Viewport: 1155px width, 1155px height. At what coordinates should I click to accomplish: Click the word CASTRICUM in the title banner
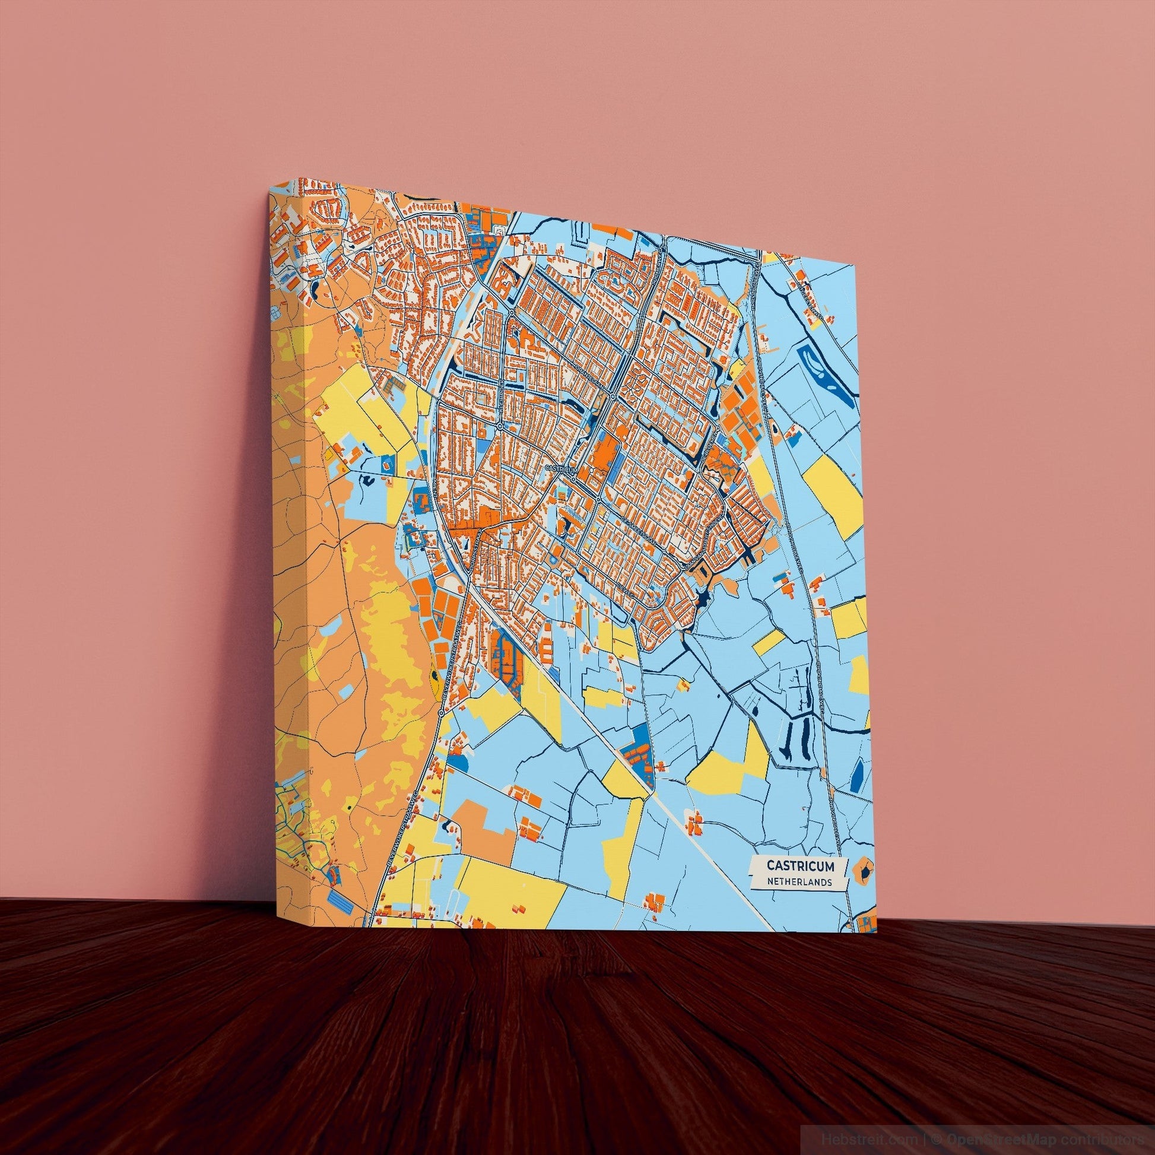point(798,865)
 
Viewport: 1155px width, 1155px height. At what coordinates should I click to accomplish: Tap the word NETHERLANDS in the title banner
point(799,882)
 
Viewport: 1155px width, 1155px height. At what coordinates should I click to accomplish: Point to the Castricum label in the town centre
point(559,469)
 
